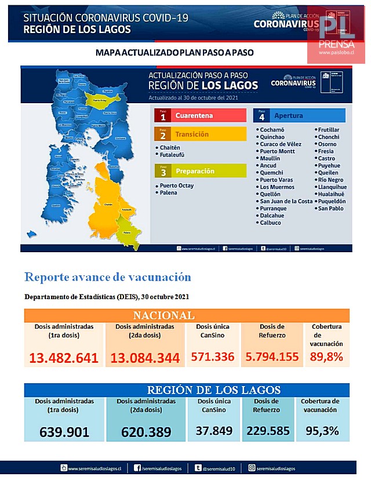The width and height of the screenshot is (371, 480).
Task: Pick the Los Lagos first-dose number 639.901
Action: [64, 432]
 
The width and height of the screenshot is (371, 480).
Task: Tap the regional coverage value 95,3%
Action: [319, 431]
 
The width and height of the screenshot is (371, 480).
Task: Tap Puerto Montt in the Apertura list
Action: [277, 151]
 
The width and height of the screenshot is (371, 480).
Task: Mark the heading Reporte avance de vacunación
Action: [108, 277]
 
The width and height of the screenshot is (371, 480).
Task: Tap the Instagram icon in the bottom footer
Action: [252, 468]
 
